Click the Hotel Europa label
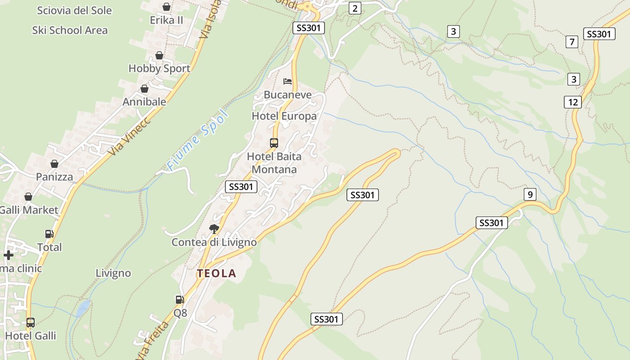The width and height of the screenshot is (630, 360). click(x=284, y=116)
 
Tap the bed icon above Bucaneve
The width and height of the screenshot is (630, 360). click(x=288, y=81)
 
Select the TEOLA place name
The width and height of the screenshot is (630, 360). click(x=216, y=273)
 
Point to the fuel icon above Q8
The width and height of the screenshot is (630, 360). click(x=180, y=299)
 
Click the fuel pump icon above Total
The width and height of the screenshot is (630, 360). click(x=49, y=234)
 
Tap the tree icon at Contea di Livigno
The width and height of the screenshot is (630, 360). click(x=214, y=229)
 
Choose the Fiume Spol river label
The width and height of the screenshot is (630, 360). click(x=198, y=139)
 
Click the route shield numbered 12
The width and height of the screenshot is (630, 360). click(x=572, y=102)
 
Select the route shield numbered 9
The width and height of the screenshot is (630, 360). click(x=530, y=194)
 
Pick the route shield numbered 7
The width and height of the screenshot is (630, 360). click(x=571, y=42)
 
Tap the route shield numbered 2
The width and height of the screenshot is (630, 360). click(x=355, y=8)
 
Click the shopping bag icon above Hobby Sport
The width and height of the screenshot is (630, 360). click(x=159, y=55)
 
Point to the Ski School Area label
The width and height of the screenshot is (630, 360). click(x=70, y=30)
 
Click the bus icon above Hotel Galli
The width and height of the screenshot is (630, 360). click(x=31, y=323)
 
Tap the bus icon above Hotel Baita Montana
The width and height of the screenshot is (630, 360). click(x=274, y=143)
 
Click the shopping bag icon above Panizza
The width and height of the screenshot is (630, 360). click(x=54, y=164)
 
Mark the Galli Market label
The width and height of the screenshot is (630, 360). click(x=29, y=210)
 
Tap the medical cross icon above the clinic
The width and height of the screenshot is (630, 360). click(x=9, y=255)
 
